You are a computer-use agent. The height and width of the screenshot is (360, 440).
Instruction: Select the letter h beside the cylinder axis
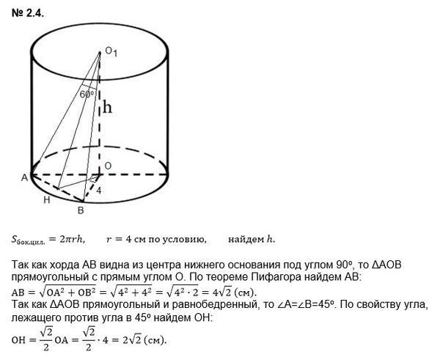[106, 108]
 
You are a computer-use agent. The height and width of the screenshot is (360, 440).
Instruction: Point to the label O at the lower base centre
[108, 166]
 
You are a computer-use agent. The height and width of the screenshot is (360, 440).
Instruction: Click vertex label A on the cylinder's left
[24, 177]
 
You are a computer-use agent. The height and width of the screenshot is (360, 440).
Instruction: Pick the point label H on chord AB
[46, 199]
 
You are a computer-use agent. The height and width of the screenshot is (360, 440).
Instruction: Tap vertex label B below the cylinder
[81, 211]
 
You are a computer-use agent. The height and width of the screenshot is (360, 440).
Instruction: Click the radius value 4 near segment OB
[100, 190]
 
